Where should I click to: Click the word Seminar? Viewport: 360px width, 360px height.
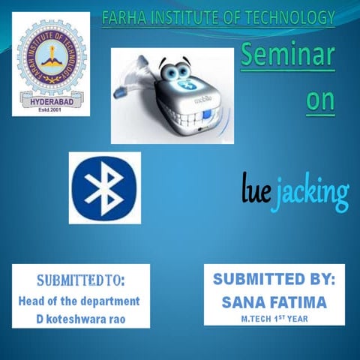287,55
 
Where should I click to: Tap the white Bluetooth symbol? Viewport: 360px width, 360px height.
104,187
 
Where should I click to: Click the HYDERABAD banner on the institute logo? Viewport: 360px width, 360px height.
50,99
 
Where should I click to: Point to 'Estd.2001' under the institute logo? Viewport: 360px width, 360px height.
51,109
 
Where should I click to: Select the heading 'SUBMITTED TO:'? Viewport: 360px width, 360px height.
80,282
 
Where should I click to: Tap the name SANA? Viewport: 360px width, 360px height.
244,301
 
